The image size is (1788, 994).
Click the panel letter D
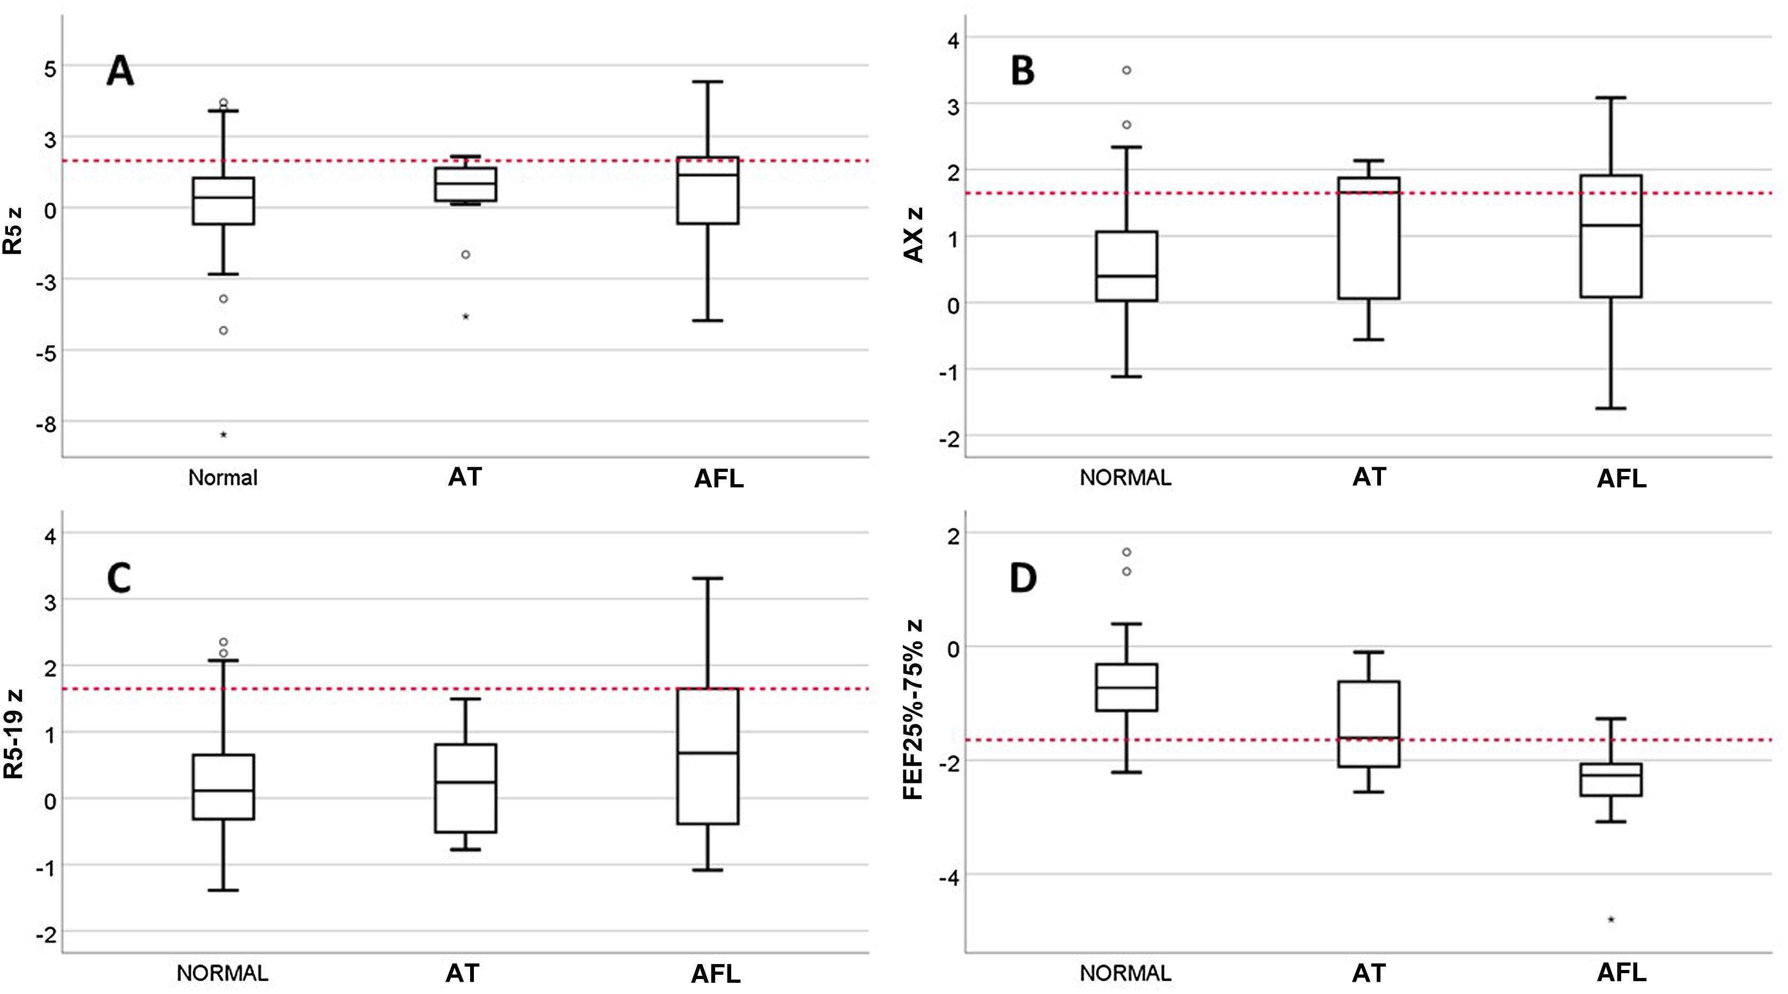click(1023, 579)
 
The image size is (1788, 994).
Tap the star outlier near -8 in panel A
click(224, 435)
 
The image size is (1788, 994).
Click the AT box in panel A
click(465, 184)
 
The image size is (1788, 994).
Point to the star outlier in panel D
click(1611, 920)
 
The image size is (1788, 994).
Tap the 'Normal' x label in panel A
click(223, 478)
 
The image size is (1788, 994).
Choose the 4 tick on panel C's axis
click(50, 535)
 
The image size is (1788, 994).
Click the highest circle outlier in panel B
click(1126, 70)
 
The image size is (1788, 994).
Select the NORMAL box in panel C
click(224, 787)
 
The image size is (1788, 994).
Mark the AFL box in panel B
click(1610, 236)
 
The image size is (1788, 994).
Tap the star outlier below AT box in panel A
click(466, 317)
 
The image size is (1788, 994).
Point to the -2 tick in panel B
click(949, 439)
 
